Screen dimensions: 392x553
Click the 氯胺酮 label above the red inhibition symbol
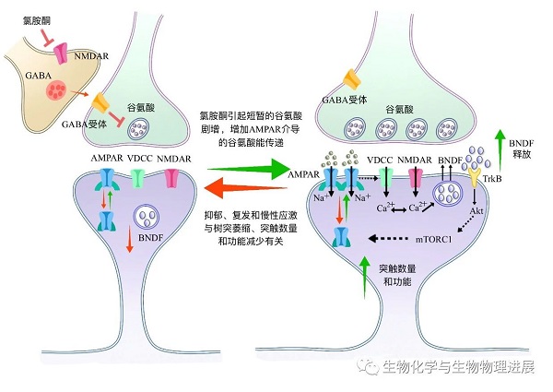coord(33,9)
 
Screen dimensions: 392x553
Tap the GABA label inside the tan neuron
coord(24,80)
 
